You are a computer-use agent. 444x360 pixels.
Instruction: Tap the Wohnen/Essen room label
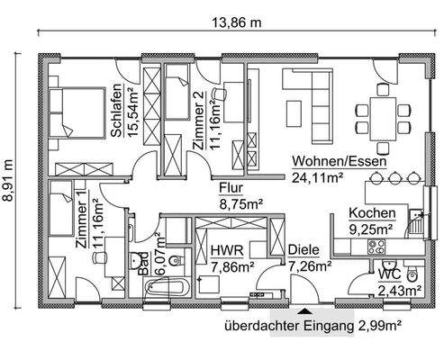tap(340, 162)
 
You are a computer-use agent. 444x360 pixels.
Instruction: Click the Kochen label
tap(372, 214)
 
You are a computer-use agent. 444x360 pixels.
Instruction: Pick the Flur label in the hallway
tap(233, 188)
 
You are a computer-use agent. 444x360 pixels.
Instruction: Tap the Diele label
tap(304, 251)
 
